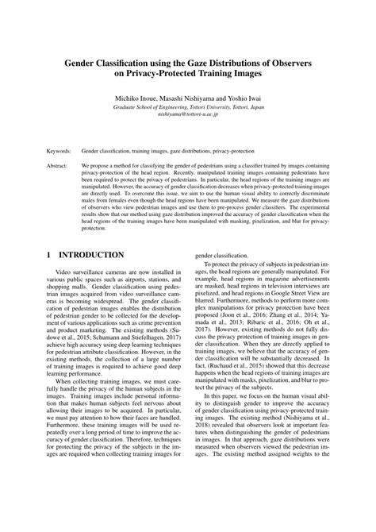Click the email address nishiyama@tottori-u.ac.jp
(188, 114)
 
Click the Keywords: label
(61, 149)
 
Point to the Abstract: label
(59, 168)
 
